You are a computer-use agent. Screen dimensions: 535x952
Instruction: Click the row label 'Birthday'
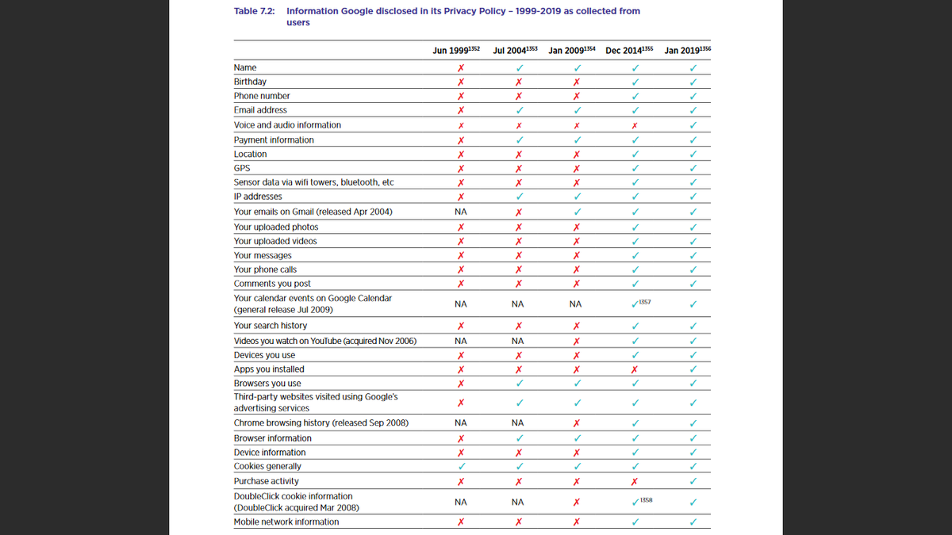click(x=250, y=82)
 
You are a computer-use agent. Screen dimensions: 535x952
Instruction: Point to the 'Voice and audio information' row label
click(x=287, y=125)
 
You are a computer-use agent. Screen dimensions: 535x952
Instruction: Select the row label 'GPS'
click(x=242, y=168)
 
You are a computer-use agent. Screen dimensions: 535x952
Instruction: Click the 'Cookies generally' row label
click(x=267, y=467)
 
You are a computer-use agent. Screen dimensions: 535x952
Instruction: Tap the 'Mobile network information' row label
click(x=286, y=522)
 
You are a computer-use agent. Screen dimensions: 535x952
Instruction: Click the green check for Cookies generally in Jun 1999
click(x=460, y=467)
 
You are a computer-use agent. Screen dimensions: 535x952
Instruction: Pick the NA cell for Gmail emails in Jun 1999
click(x=460, y=212)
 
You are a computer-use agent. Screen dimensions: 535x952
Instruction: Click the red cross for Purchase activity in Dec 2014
click(x=634, y=481)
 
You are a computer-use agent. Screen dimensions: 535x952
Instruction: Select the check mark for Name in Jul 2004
click(x=518, y=67)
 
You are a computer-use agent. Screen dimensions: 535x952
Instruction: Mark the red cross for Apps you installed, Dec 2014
click(x=634, y=369)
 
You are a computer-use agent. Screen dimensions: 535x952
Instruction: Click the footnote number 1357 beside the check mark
click(x=645, y=302)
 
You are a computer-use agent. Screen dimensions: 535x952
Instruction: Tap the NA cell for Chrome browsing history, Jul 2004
click(x=518, y=423)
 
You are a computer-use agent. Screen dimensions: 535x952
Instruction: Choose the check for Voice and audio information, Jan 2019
click(x=693, y=125)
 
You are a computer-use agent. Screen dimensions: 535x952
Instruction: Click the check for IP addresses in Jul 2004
click(x=518, y=197)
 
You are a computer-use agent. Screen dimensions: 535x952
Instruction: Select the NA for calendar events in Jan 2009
click(x=575, y=304)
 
